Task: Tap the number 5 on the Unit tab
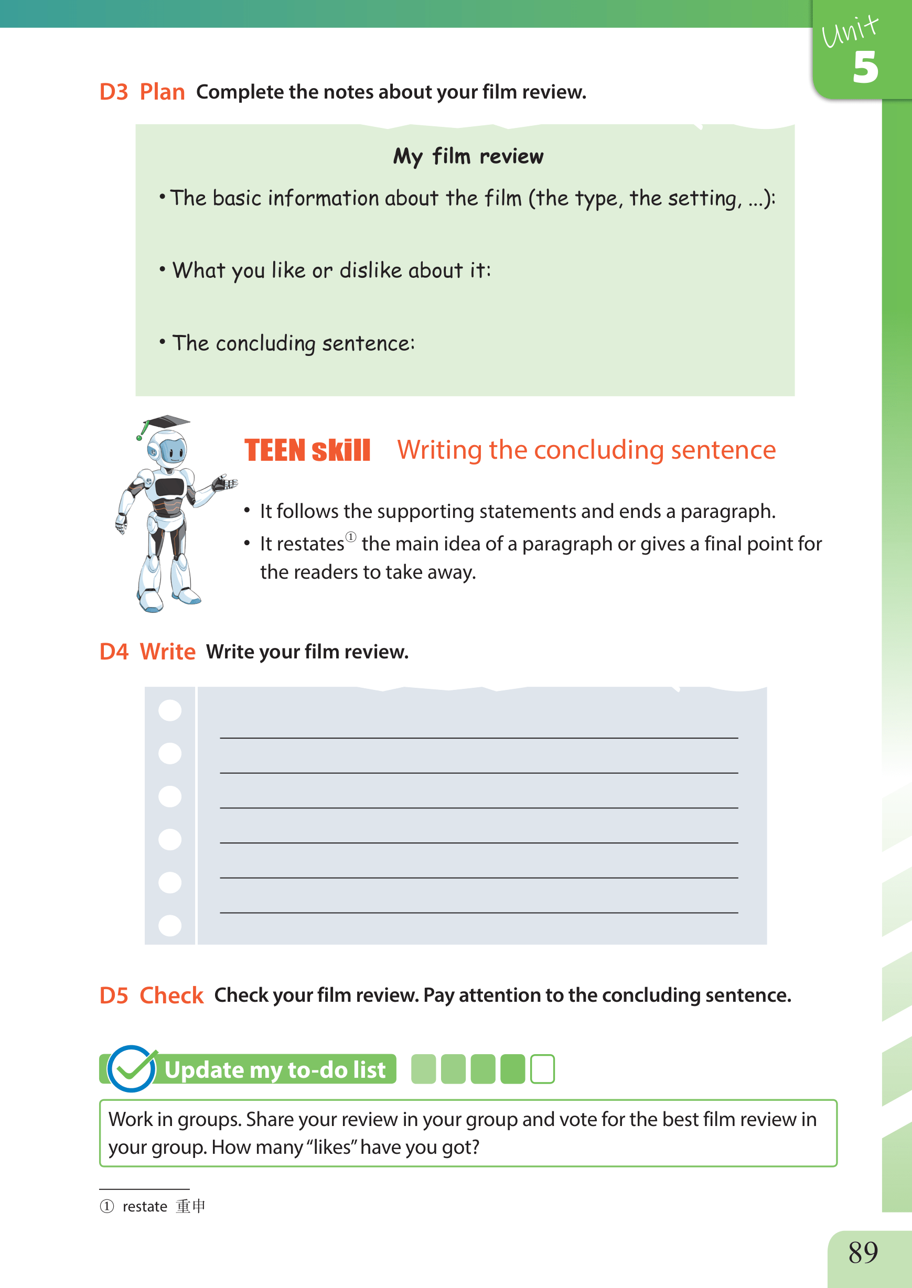pyautogui.click(x=865, y=67)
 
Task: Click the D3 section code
pyautogui.click(x=113, y=92)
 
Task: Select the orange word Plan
pyautogui.click(x=162, y=92)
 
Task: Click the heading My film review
pyautogui.click(x=468, y=157)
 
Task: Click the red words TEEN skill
pyautogui.click(x=308, y=451)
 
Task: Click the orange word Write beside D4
pyautogui.click(x=167, y=652)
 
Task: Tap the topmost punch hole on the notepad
pyautogui.click(x=170, y=710)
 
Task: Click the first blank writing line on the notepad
pyautogui.click(x=478, y=738)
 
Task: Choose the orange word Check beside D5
pyautogui.click(x=171, y=995)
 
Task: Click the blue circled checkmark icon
pyautogui.click(x=132, y=1068)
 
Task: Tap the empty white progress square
pyautogui.click(x=542, y=1068)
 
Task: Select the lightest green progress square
pyautogui.click(x=423, y=1068)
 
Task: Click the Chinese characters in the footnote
pyautogui.click(x=190, y=1206)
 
